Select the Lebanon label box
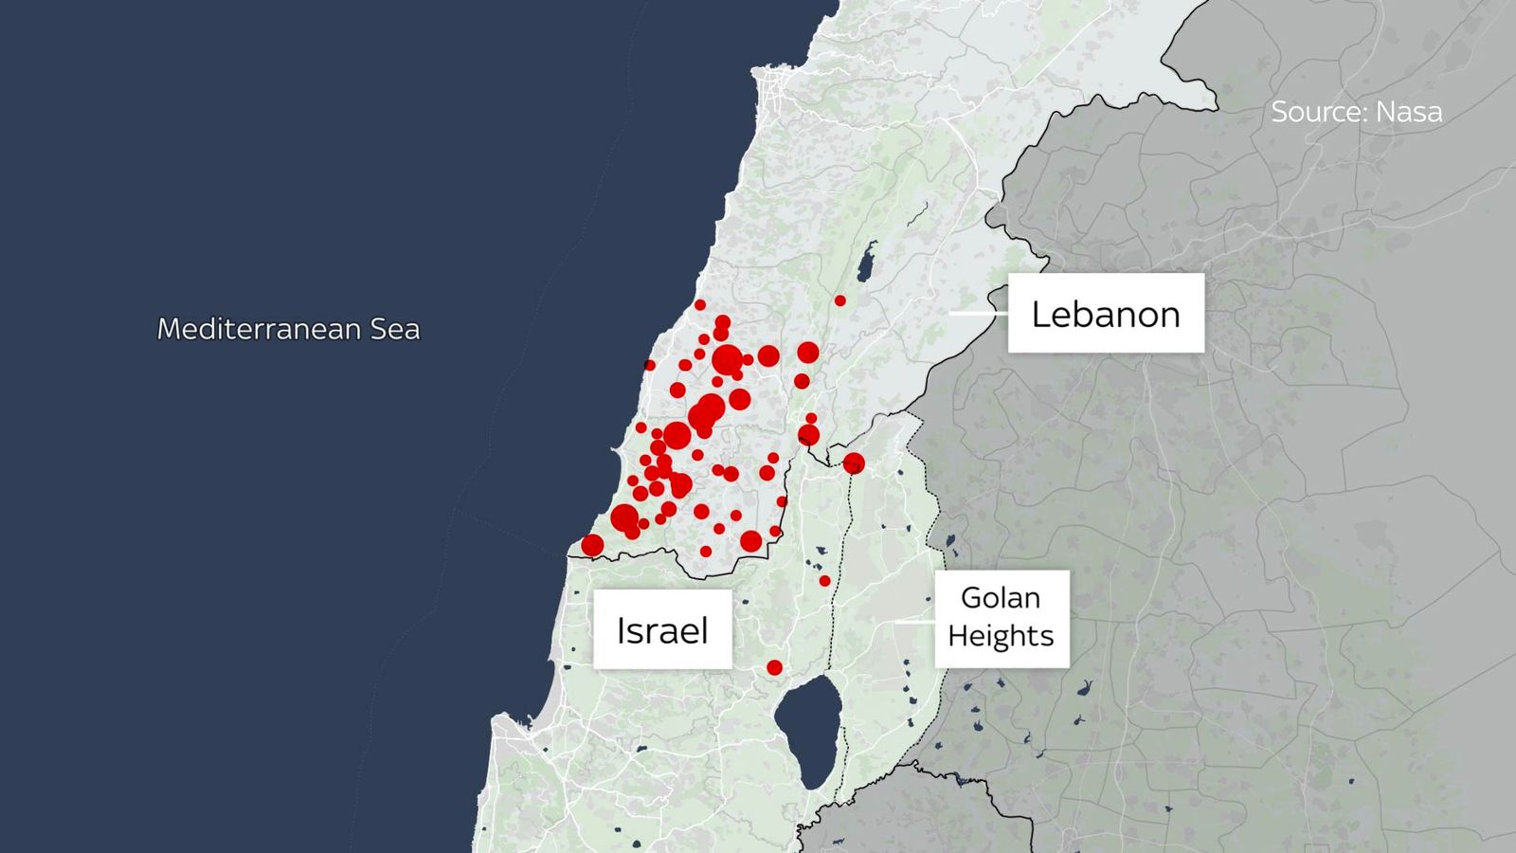pyautogui.click(x=1105, y=314)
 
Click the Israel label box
pyautogui.click(x=661, y=630)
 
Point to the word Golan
pyautogui.click(x=1000, y=598)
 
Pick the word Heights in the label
pyautogui.click(x=1000, y=635)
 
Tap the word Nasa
pyautogui.click(x=1409, y=112)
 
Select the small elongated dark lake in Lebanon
pyautogui.click(x=866, y=263)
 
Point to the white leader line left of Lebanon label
pyautogui.click(x=976, y=312)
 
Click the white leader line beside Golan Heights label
pyautogui.click(x=914, y=623)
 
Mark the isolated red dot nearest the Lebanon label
pyautogui.click(x=839, y=300)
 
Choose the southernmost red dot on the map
pyautogui.click(x=774, y=667)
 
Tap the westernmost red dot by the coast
pyautogui.click(x=592, y=545)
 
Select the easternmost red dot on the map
pyautogui.click(x=854, y=463)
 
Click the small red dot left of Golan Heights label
pyautogui.click(x=824, y=581)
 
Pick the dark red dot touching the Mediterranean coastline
pyautogui.click(x=649, y=365)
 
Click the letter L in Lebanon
pyautogui.click(x=1039, y=315)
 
